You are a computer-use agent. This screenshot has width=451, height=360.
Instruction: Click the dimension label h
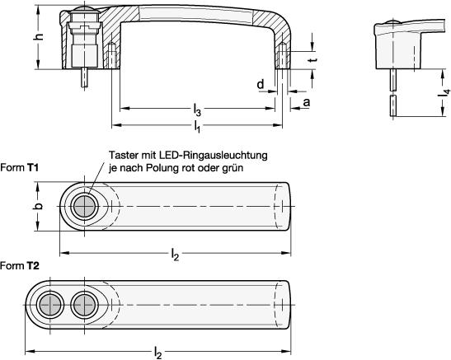(40, 36)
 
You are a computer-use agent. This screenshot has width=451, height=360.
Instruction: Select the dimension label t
(313, 59)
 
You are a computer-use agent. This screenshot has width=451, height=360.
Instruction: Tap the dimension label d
(260, 85)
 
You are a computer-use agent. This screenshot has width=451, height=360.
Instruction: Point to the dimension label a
(307, 102)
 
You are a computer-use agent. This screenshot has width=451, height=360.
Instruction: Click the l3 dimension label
(197, 110)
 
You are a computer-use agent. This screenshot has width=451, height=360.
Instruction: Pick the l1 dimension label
(197, 126)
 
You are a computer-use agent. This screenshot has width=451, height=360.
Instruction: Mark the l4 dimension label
(445, 93)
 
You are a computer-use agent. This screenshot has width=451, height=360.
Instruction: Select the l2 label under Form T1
(175, 255)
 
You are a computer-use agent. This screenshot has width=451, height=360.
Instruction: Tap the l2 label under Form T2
(158, 353)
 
